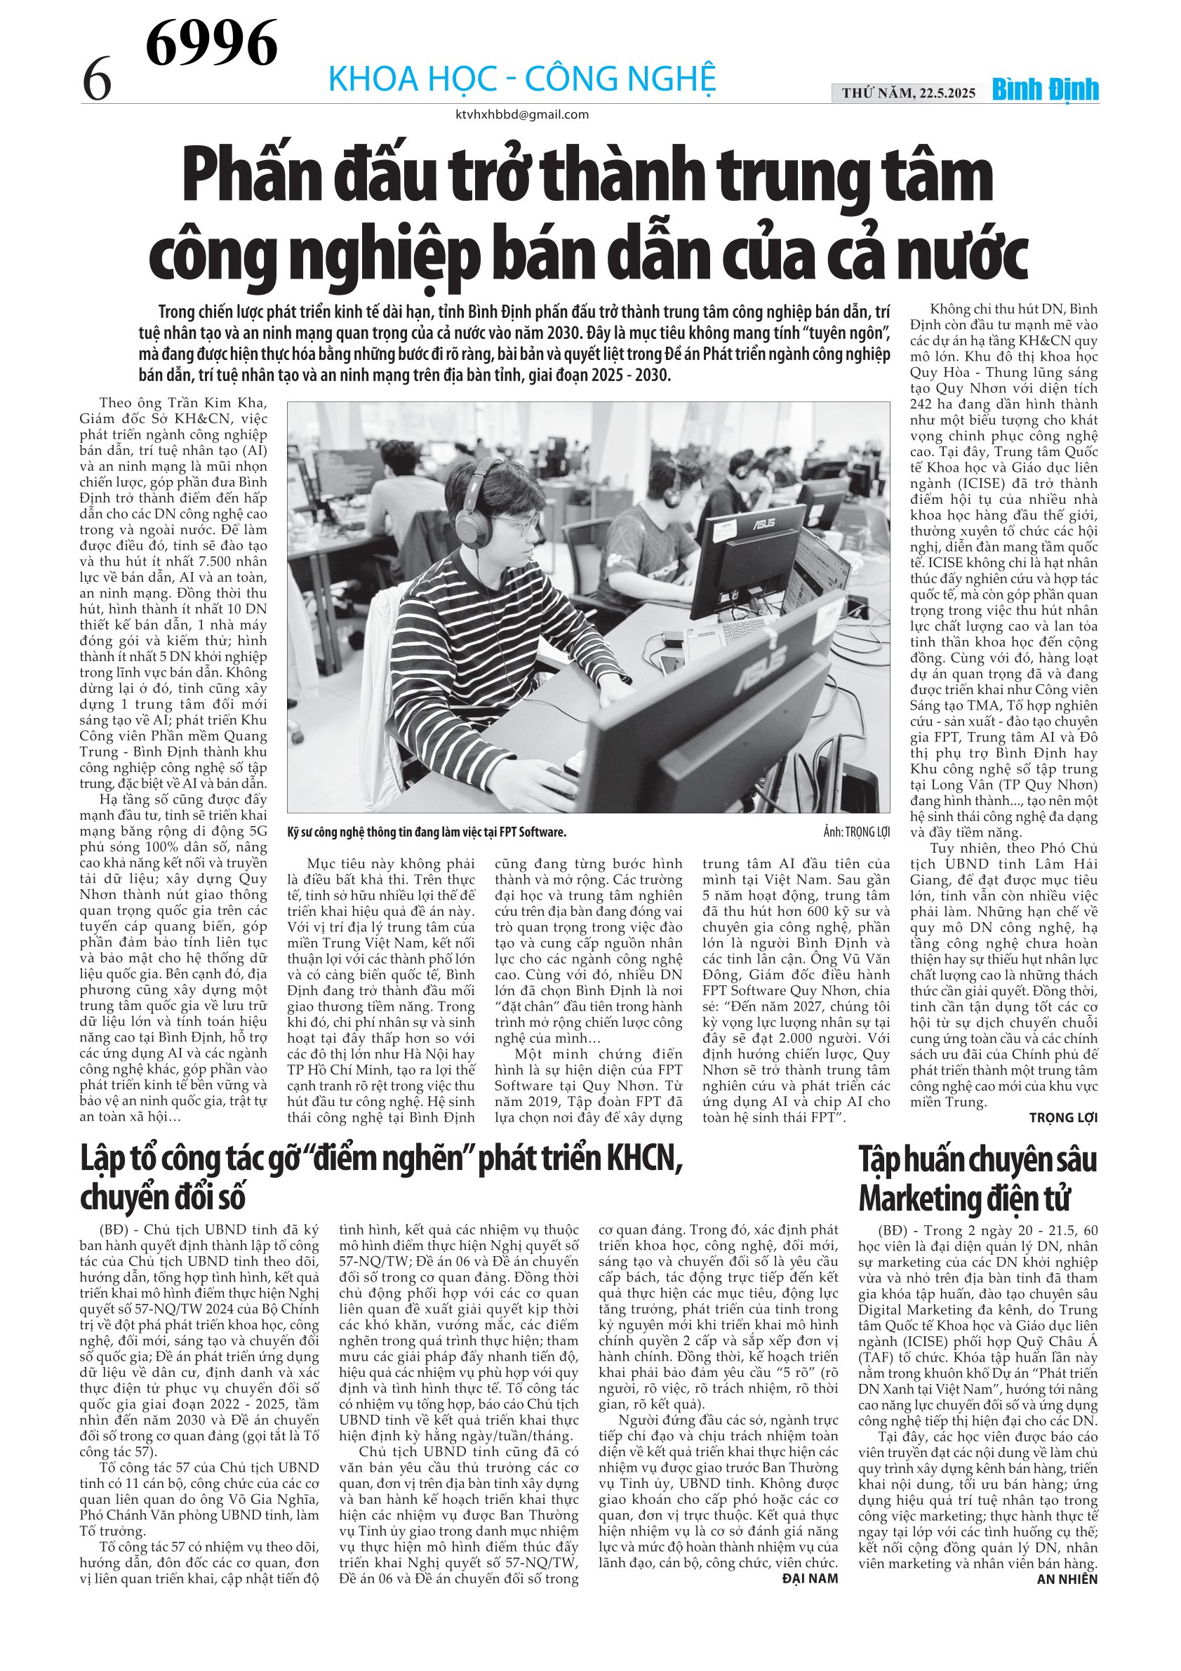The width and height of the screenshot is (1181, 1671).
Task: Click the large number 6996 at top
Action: (x=211, y=43)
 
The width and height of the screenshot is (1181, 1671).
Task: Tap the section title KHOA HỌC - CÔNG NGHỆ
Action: (x=522, y=79)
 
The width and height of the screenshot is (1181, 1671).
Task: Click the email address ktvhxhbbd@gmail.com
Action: (x=522, y=114)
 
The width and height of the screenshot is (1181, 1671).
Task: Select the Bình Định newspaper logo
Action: (x=1046, y=91)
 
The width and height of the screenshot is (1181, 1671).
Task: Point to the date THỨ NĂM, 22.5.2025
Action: (x=908, y=93)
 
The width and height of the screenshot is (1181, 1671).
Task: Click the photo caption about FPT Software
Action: (x=427, y=832)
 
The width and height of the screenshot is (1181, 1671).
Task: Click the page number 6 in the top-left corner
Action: (x=97, y=80)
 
